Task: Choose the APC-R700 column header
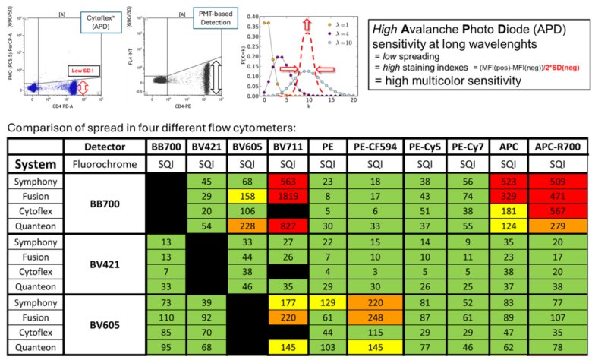[556, 145]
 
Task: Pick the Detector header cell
[102, 145]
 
